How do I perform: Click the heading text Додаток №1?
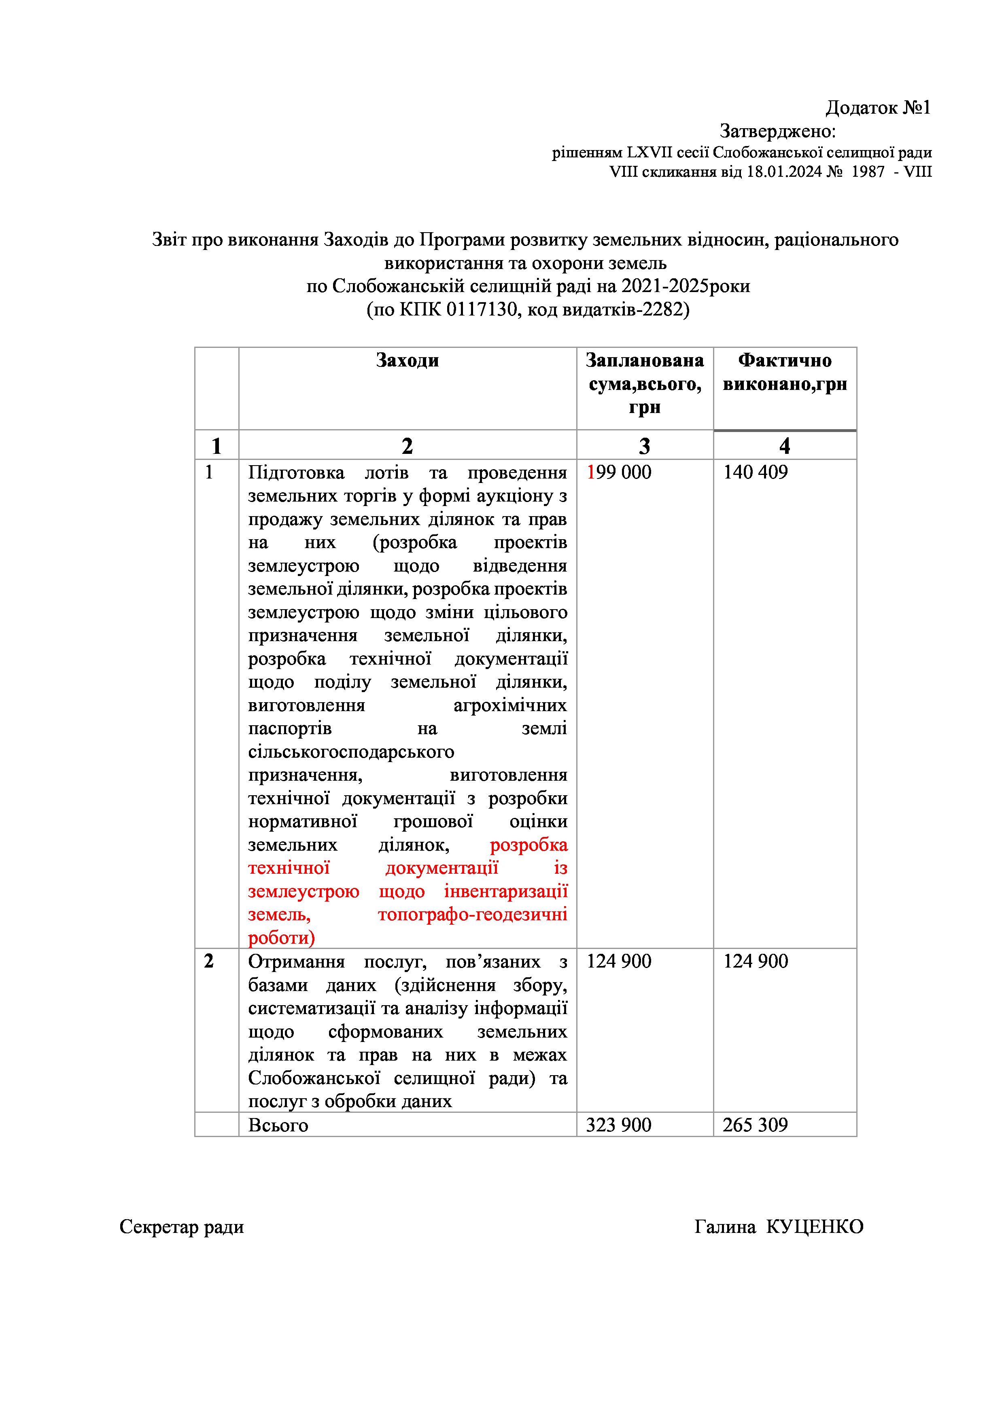[877, 108]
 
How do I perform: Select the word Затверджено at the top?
[776, 131]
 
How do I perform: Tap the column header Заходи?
[408, 360]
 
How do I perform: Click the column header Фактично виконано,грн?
[785, 372]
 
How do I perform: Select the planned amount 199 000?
[619, 472]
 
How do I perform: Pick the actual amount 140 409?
[756, 472]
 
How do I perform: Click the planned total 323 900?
[618, 1125]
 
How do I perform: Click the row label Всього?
[278, 1125]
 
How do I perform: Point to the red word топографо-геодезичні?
[472, 915]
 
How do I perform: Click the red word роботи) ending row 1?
[281, 938]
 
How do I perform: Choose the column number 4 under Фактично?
[785, 446]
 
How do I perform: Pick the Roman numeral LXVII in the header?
[652, 152]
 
